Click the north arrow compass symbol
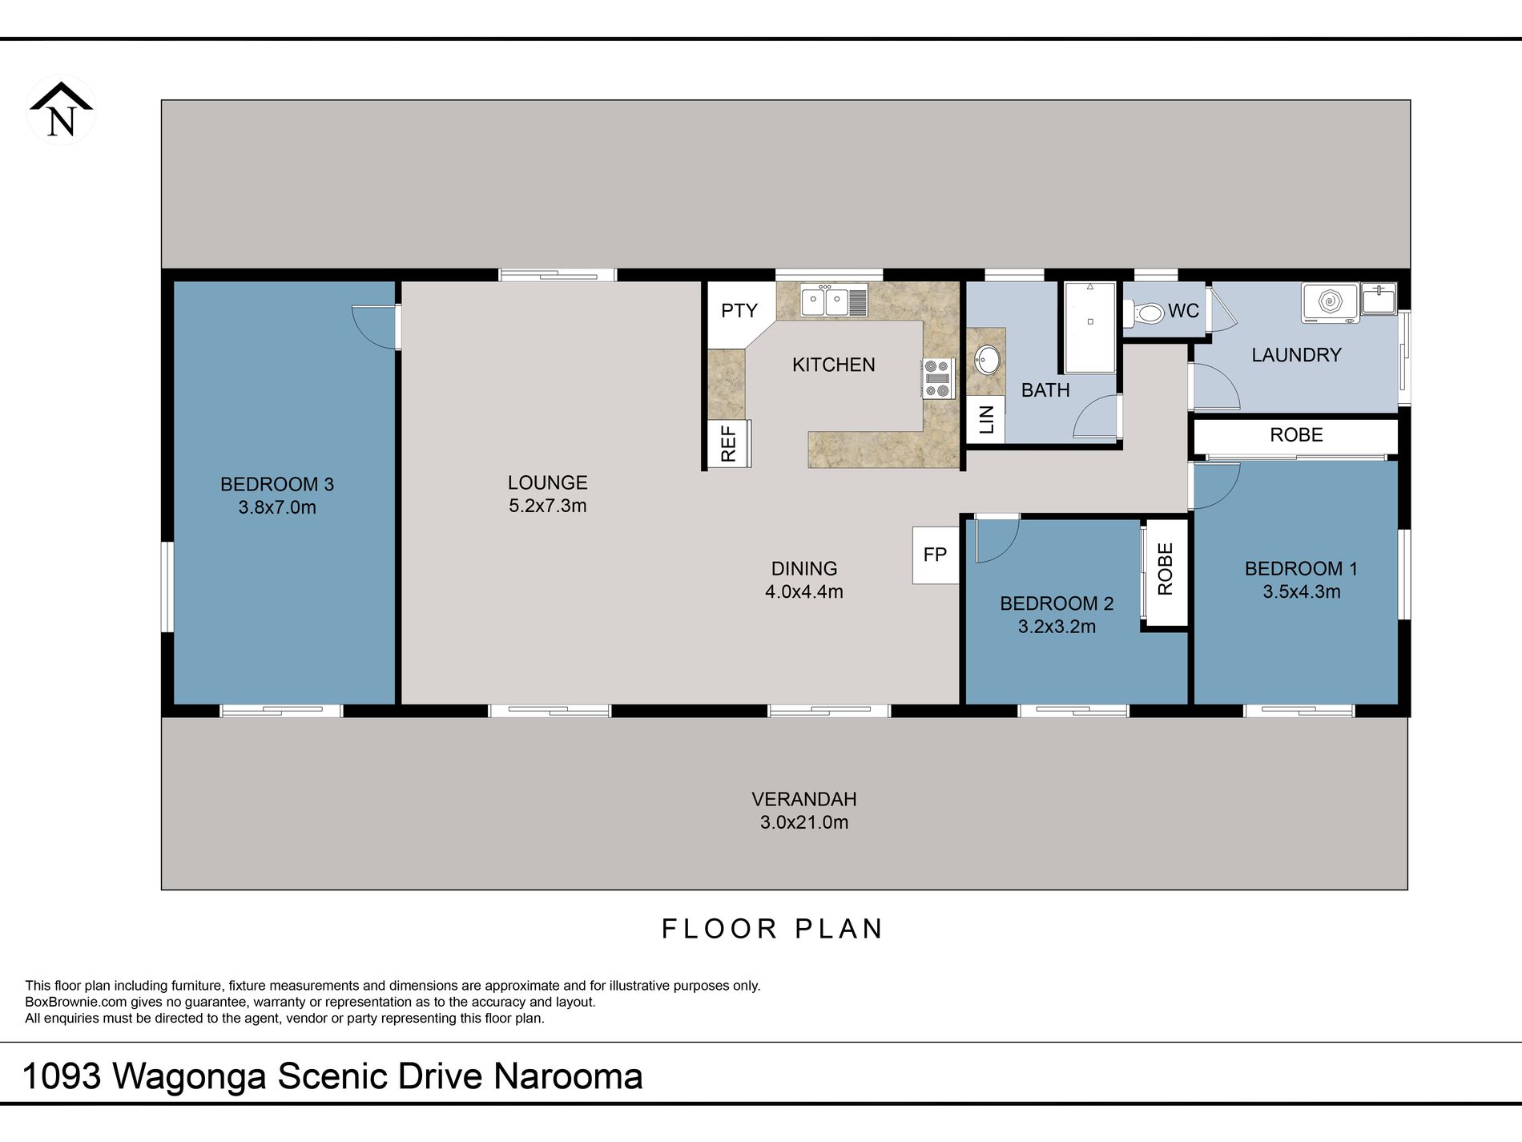click(62, 110)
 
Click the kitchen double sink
click(834, 301)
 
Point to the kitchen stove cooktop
click(936, 378)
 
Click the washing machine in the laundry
click(1330, 302)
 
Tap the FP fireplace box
click(936, 555)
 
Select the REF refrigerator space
click(728, 443)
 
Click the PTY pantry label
click(739, 311)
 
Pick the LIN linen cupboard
click(985, 419)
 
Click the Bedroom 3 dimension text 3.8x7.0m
click(277, 507)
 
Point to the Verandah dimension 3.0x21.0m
click(804, 822)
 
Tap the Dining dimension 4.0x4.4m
click(804, 591)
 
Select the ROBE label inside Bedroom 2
click(1166, 569)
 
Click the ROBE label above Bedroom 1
click(1296, 435)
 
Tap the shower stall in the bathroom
click(1090, 327)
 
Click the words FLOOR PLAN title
click(772, 929)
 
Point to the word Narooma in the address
click(568, 1076)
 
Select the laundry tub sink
click(1379, 298)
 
